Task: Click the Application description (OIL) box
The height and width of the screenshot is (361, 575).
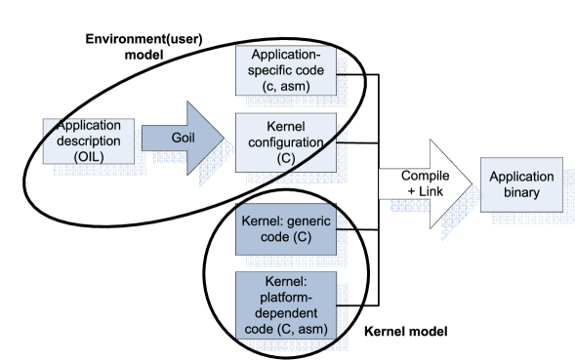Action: click(88, 141)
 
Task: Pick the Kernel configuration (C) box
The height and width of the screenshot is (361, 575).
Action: click(287, 142)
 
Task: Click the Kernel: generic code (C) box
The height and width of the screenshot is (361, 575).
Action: click(286, 230)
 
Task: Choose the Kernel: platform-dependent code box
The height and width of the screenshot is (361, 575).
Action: click(286, 305)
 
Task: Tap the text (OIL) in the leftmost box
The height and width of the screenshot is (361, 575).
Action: click(88, 157)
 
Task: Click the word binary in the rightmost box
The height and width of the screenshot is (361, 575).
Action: click(520, 192)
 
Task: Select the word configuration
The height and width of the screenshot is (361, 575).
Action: click(287, 142)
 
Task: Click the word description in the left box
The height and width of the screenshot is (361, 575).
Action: click(89, 141)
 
